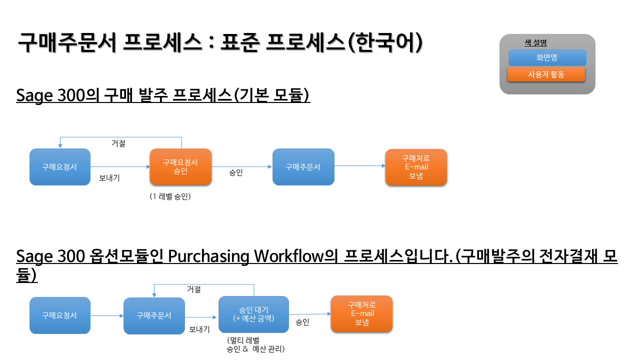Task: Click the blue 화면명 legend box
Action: [x=547, y=57]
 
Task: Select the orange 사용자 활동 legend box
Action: [x=546, y=74]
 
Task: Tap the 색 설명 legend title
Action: [x=535, y=43]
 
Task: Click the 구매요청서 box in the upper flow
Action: [x=60, y=167]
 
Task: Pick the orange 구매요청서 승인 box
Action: [x=180, y=167]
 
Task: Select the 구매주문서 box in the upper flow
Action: [x=303, y=167]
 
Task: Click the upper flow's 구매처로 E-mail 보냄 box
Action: [x=416, y=167]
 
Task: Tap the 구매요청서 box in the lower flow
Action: [x=60, y=315]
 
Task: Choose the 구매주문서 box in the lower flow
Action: [x=154, y=315]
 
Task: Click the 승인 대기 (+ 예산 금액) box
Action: [x=253, y=314]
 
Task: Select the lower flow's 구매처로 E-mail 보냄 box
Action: [x=361, y=313]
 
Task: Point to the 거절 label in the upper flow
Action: [x=118, y=143]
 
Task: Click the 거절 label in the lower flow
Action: [x=193, y=289]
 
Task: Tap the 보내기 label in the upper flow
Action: [x=109, y=177]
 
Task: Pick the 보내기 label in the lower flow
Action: [x=199, y=329]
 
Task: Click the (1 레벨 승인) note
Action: [x=170, y=196]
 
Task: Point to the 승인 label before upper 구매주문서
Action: [x=235, y=172]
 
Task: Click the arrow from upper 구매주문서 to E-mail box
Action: [x=359, y=165]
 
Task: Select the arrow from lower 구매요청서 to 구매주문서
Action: [x=107, y=315]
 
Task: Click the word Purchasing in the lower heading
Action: [x=208, y=256]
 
